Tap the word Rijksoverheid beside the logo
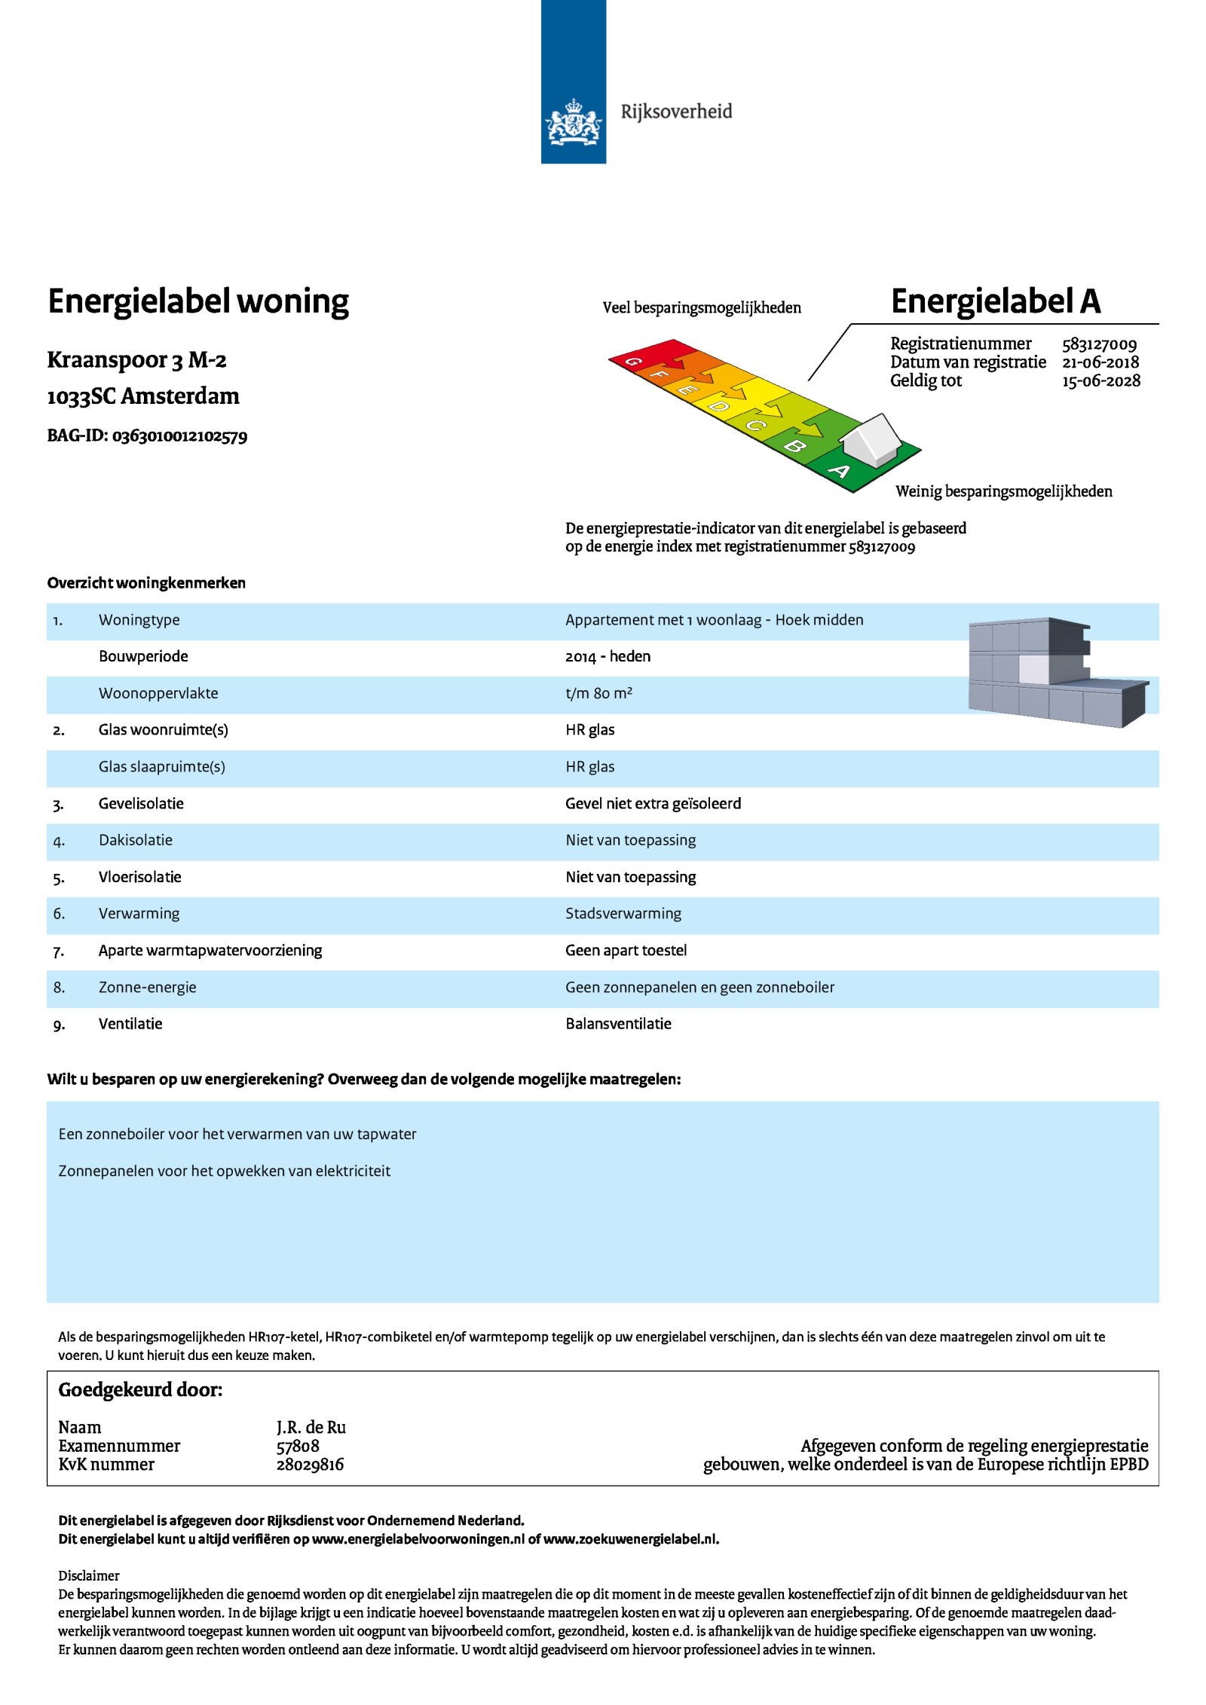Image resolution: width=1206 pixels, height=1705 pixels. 676,112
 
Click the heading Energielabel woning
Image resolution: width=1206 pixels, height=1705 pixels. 198,301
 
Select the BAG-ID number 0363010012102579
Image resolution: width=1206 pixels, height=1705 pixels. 179,436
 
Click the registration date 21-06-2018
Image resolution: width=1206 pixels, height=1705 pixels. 1100,362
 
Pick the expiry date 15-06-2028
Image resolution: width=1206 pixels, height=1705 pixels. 1100,381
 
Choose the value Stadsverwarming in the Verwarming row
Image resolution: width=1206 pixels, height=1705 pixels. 623,914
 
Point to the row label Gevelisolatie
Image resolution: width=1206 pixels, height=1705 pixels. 141,804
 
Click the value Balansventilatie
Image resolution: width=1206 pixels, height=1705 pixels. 618,1024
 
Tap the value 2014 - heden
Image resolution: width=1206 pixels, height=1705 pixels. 608,656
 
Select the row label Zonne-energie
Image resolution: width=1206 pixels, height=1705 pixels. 147,988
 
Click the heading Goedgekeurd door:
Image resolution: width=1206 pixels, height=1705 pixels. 140,1390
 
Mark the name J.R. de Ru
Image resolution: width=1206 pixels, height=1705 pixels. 311,1428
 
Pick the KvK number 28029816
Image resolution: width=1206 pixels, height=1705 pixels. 310,1465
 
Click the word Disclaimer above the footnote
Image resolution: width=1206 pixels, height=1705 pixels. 89,1575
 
